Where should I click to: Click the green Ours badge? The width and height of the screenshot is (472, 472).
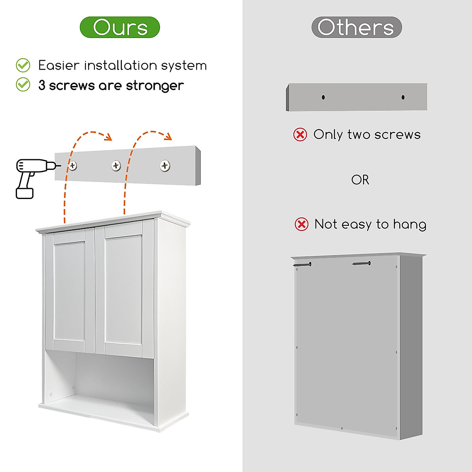point(120,27)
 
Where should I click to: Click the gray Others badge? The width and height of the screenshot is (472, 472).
point(356,27)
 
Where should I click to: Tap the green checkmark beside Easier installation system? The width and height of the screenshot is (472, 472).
point(23,65)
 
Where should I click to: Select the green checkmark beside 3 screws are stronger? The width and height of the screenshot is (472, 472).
point(23,84)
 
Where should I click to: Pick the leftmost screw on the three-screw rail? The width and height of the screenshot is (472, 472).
point(72,166)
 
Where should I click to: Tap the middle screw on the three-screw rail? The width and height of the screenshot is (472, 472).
point(116,166)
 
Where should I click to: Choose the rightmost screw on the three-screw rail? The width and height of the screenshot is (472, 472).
point(165,166)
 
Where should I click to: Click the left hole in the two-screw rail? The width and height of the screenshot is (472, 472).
point(323,97)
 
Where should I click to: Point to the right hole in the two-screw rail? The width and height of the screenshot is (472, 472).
point(403,97)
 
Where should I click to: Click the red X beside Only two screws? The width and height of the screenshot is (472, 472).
point(300,135)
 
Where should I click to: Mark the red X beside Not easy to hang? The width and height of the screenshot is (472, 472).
point(302,225)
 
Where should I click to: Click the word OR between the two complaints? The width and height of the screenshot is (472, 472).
point(360,180)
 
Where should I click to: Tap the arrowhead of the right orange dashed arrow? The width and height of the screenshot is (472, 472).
point(169,137)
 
